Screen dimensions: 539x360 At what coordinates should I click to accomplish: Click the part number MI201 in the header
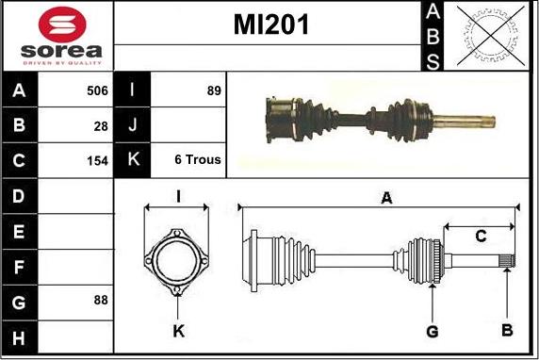tap(270, 25)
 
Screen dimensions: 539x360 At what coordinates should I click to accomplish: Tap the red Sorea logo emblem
tap(62, 25)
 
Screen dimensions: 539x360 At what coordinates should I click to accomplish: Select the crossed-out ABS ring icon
tap(491, 36)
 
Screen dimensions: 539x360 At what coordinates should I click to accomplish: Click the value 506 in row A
tap(97, 90)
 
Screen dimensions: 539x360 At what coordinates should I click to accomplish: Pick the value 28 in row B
tap(101, 126)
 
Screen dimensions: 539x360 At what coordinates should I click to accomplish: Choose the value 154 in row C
tap(97, 160)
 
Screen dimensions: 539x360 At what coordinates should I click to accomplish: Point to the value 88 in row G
tap(101, 300)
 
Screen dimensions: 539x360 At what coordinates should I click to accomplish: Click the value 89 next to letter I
tap(214, 90)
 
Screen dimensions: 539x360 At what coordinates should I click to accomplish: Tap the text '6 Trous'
tap(198, 159)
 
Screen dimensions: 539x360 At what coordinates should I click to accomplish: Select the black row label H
tap(19, 338)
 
